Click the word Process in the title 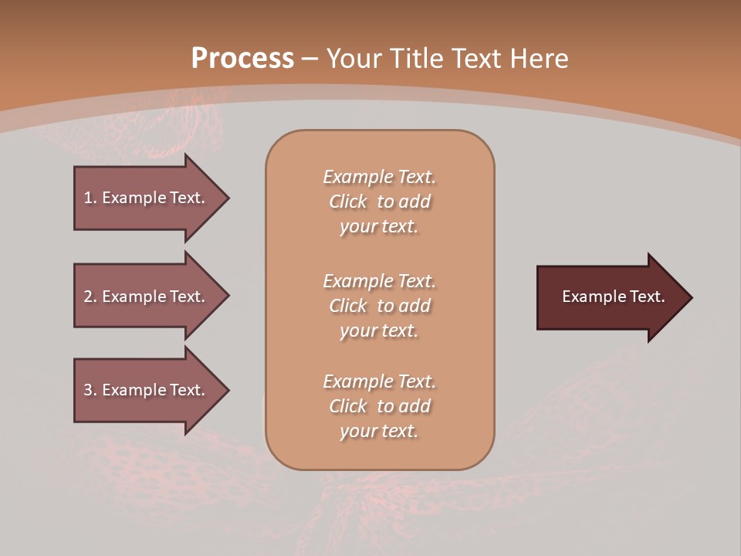[242, 59]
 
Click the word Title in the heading [419, 59]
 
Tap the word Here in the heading [539, 59]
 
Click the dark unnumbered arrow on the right [610, 297]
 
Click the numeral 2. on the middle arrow [90, 297]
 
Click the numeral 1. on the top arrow [90, 198]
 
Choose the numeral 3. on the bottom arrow [90, 390]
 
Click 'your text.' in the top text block [379, 227]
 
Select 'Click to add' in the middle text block [379, 306]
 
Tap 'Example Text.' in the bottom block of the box [379, 381]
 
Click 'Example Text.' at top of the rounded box [379, 177]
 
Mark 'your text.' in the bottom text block [379, 432]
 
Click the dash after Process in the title [310, 59]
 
